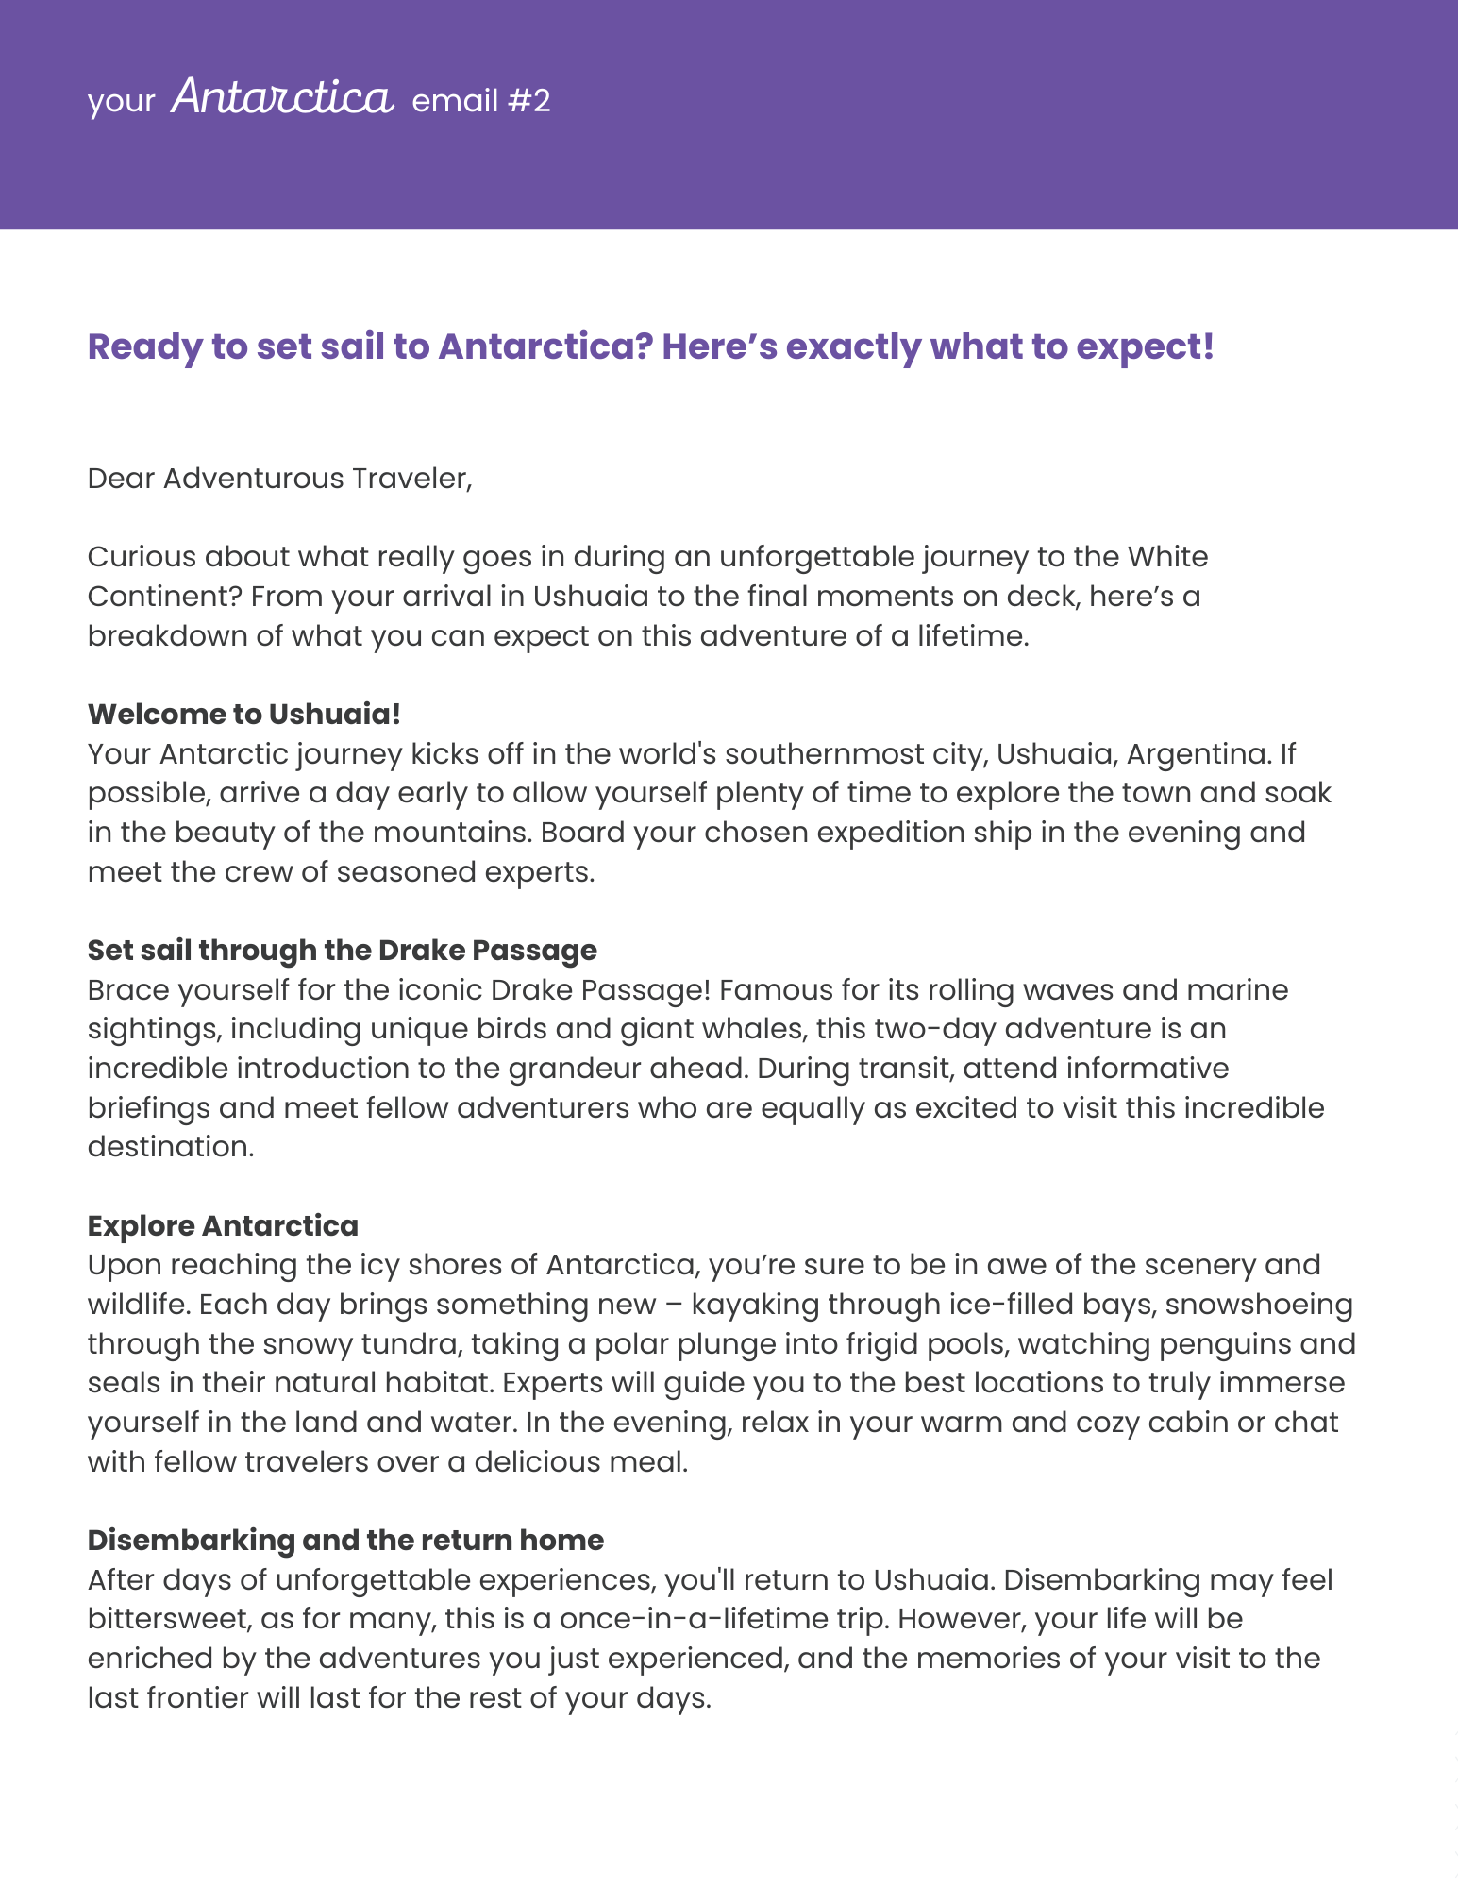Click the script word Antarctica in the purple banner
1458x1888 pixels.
click(281, 98)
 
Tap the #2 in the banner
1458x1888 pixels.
click(528, 101)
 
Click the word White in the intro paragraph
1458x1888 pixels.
click(1167, 557)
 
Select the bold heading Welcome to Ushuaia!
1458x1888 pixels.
click(243, 714)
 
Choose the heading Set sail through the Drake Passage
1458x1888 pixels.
click(342, 950)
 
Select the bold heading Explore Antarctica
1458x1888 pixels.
click(223, 1225)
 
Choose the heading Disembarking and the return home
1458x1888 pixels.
click(345, 1540)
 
